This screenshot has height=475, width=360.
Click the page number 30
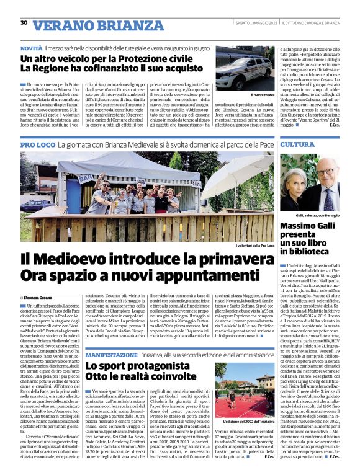pyautogui.click(x=24, y=22)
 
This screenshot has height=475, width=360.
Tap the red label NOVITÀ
pyautogui.click(x=31, y=48)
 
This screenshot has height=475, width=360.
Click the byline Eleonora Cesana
pyautogui.click(x=40, y=298)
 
